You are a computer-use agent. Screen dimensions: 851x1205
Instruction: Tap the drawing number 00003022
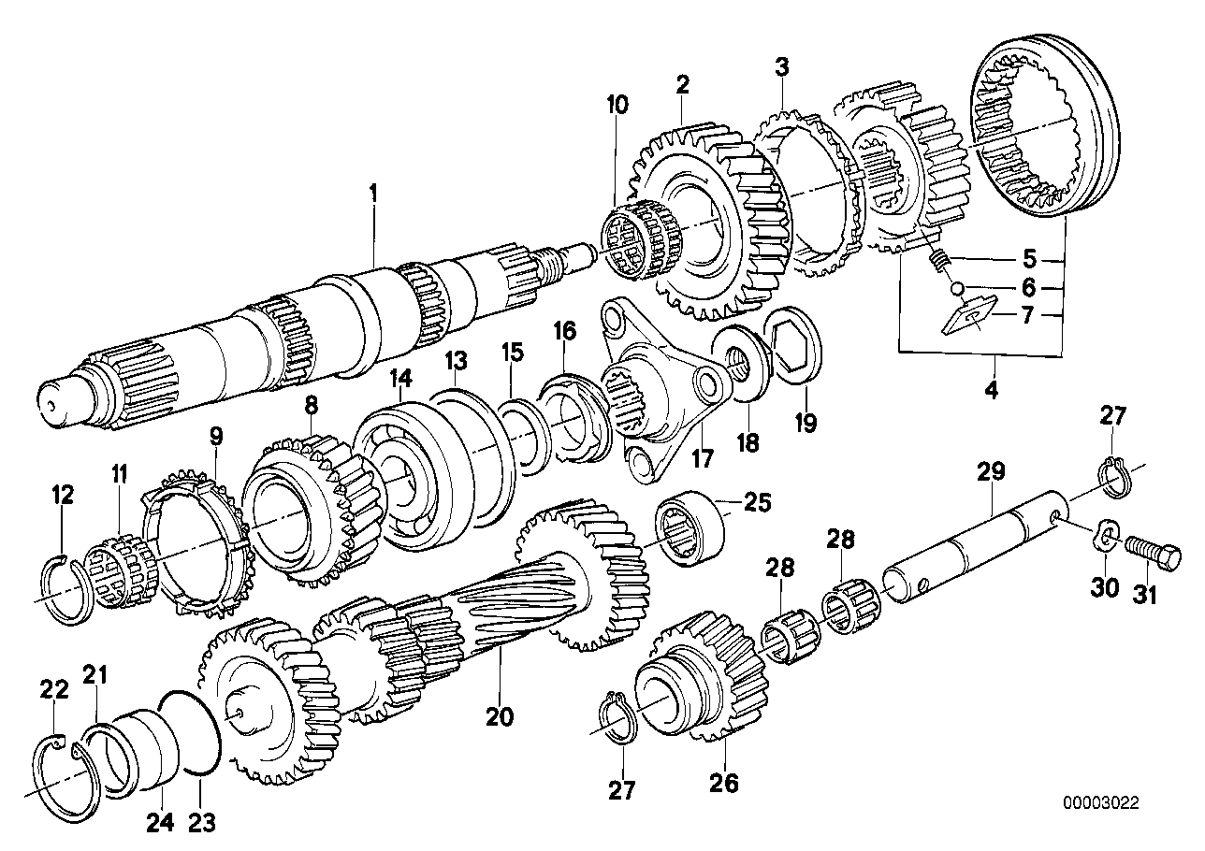click(x=1101, y=802)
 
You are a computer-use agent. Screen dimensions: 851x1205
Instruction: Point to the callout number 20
click(x=500, y=717)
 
